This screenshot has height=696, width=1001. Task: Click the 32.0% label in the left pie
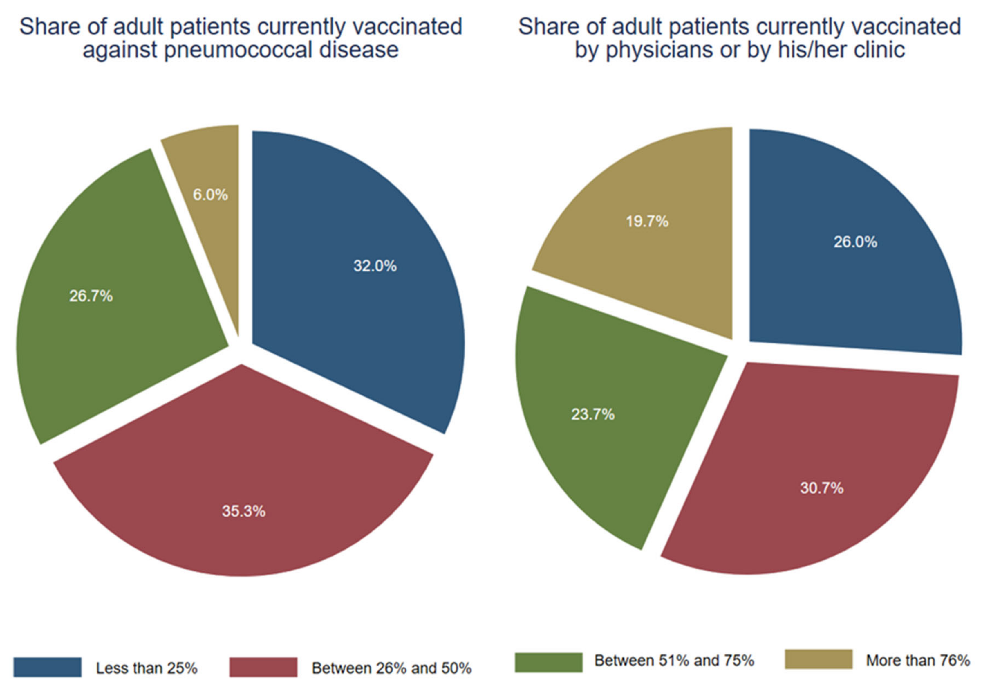[375, 266]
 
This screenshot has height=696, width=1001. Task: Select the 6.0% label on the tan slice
[210, 195]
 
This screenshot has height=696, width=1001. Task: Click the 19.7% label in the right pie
[647, 222]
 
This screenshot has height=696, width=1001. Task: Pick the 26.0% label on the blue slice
[855, 242]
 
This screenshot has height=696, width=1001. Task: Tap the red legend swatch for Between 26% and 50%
[263, 667]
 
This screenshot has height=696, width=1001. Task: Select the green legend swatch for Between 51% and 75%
[548, 662]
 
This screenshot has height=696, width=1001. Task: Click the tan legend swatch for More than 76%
[818, 659]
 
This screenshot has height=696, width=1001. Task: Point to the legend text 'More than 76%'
[918, 660]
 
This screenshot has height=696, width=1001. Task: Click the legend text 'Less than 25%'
[147, 668]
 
